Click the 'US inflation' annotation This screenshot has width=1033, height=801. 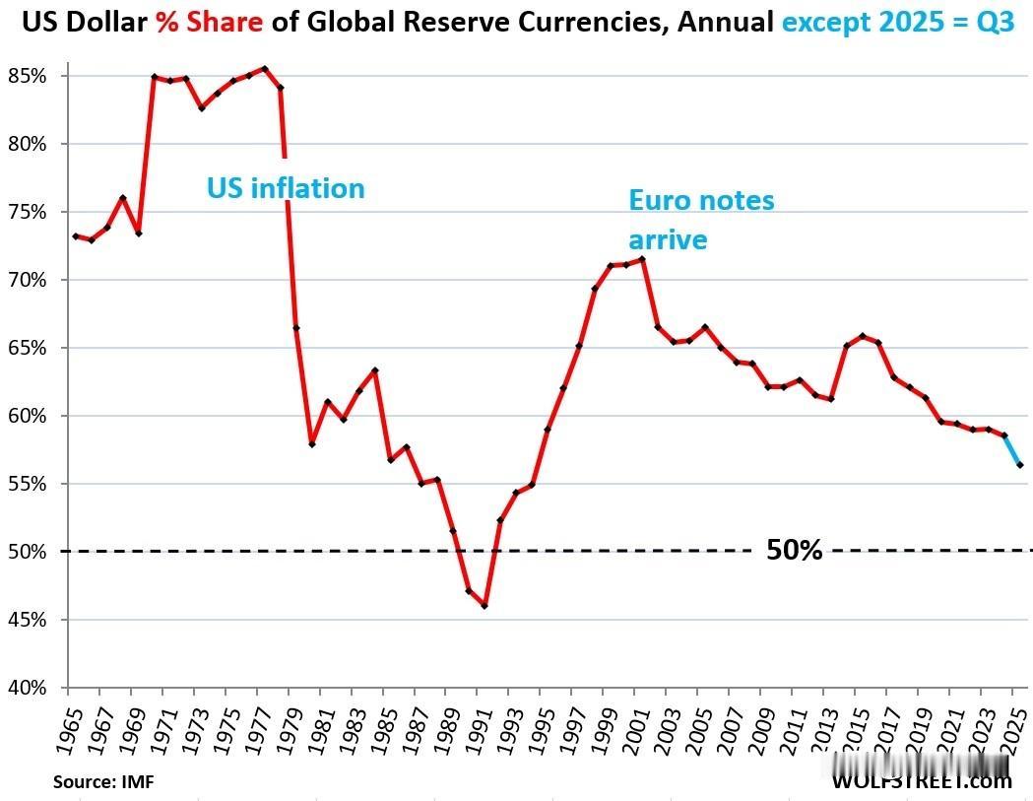286,188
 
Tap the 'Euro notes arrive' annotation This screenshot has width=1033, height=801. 701,220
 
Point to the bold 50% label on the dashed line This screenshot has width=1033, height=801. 794,551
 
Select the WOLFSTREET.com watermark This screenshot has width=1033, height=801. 922,781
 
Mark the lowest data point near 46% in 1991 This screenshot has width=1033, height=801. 484,606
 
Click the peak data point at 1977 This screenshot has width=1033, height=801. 265,69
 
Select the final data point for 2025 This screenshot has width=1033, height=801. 1020,465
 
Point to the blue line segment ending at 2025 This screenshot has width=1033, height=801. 1012,450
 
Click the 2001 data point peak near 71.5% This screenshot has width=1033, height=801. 642,259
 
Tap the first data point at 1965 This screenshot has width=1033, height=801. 76,236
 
